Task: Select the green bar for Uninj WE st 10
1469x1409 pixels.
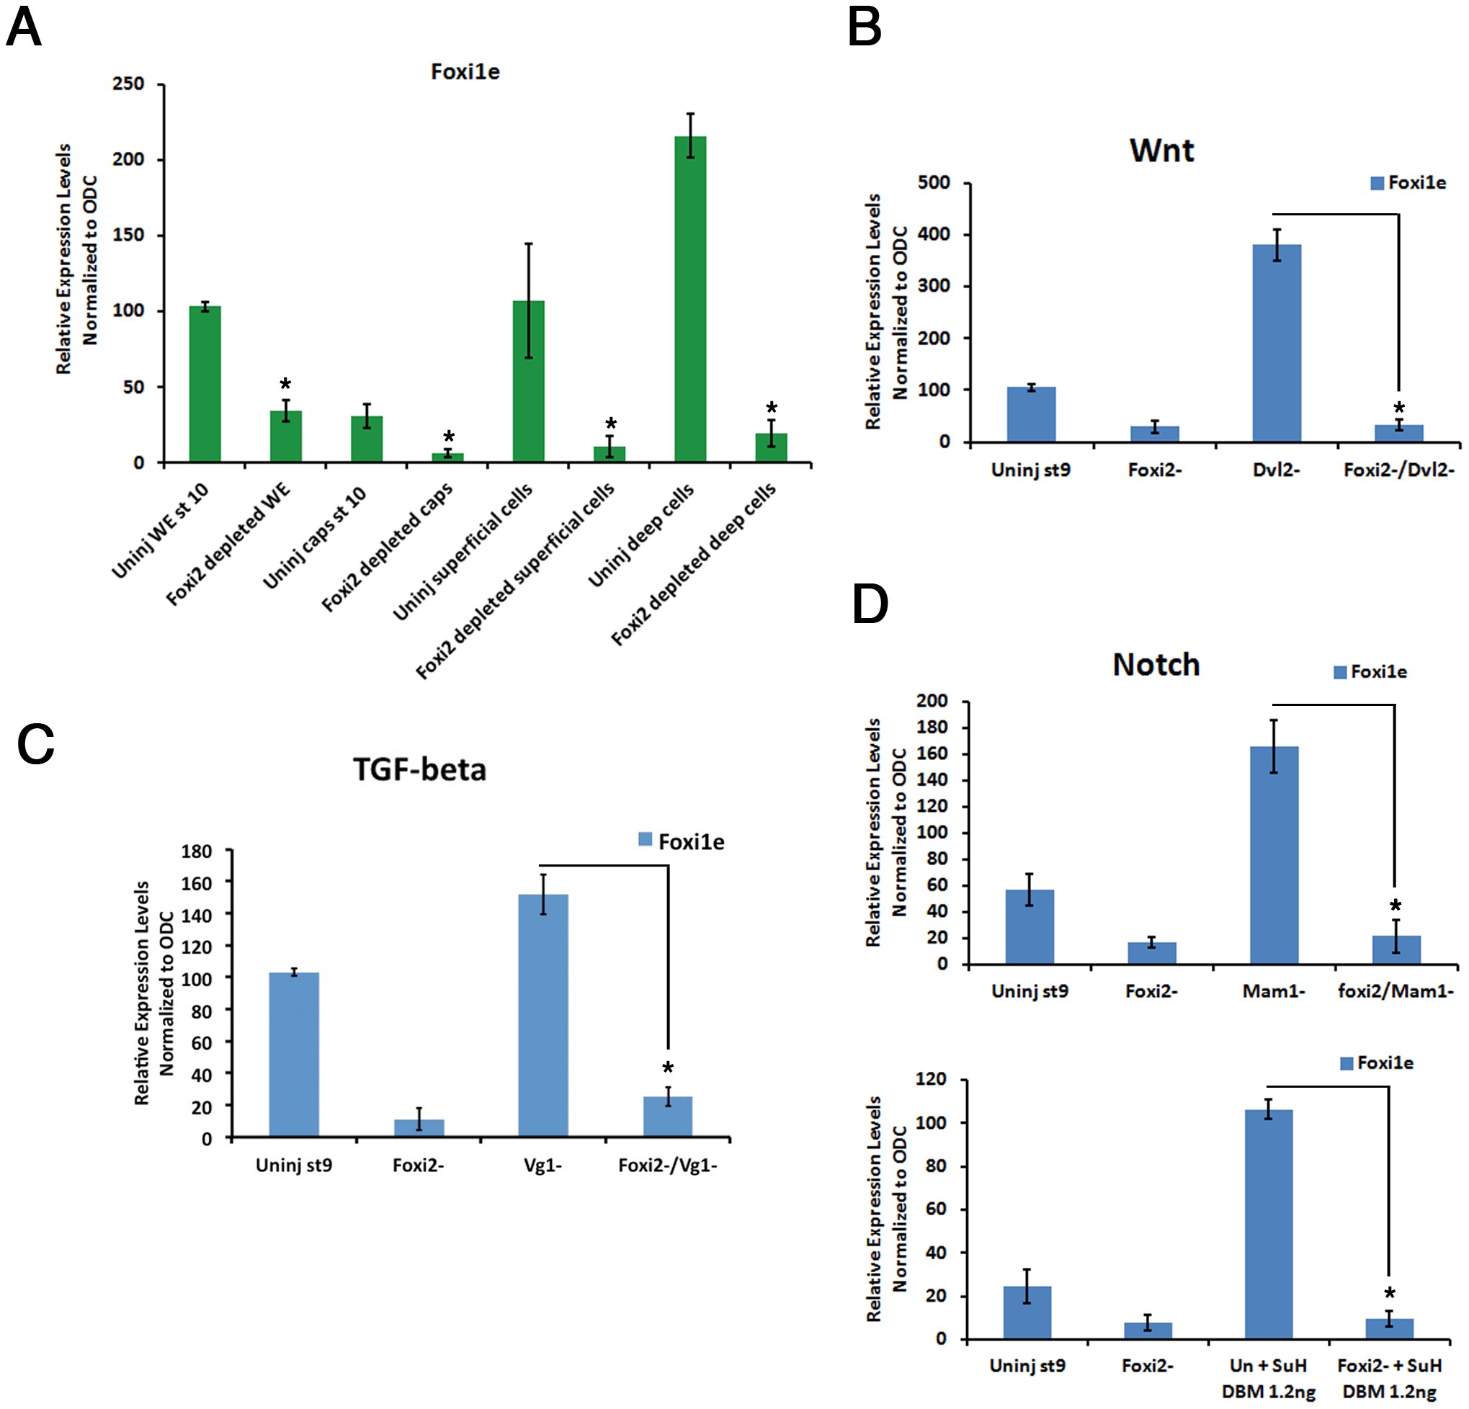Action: coord(205,383)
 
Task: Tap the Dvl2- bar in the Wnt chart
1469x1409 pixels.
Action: coord(1277,342)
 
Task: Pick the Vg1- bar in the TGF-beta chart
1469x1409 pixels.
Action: coord(542,1016)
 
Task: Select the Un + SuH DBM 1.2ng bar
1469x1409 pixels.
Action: coord(1268,1224)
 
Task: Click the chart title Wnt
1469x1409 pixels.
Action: coord(1161,151)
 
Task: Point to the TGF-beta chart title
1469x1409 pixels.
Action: coord(420,770)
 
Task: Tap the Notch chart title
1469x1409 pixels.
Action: coord(1156,665)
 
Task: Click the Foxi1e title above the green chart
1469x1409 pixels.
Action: coord(465,72)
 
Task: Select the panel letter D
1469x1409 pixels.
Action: coord(870,605)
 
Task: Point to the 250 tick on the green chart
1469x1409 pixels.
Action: coord(128,84)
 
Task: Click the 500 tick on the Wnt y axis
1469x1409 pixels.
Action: coord(933,183)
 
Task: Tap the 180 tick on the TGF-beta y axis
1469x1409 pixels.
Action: coord(197,851)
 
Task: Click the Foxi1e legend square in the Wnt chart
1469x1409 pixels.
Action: coord(1377,183)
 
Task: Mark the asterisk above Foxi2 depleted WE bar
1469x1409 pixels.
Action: coord(285,385)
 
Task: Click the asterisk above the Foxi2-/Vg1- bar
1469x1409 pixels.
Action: coord(668,1068)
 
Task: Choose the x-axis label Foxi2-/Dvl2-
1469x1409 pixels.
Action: coord(1398,470)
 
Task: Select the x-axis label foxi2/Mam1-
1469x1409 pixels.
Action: coord(1396,991)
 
